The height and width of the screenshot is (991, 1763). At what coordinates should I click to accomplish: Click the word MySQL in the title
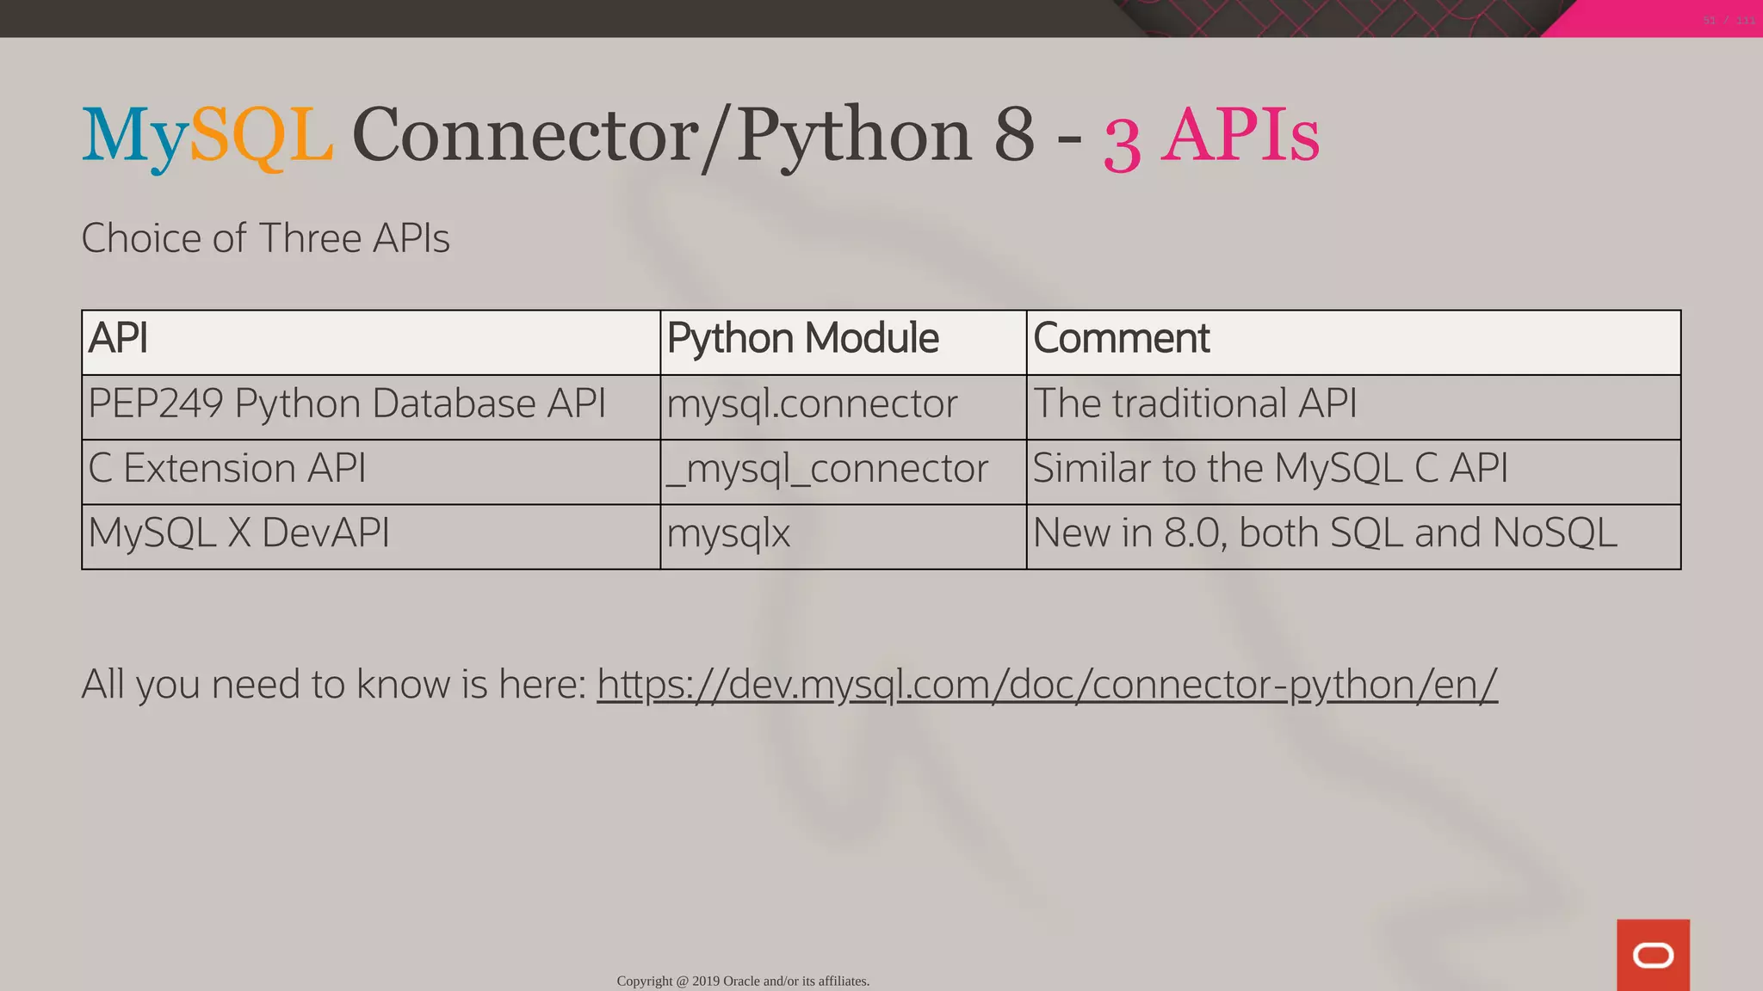pos(207,136)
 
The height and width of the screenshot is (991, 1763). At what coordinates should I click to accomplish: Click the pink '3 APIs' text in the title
pos(1211,138)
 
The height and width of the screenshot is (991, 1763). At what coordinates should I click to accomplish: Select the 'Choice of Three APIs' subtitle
pos(265,238)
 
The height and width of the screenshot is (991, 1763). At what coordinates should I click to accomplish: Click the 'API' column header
pos(118,338)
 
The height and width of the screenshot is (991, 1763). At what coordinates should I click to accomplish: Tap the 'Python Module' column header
pos(802,338)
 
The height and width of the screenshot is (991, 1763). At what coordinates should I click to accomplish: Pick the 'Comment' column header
pos(1121,338)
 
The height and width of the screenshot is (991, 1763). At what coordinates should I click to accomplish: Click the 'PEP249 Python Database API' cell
pos(347,403)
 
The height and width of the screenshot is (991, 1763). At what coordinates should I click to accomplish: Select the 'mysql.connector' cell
pos(812,403)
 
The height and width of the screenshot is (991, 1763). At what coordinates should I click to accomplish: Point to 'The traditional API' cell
pos(1195,403)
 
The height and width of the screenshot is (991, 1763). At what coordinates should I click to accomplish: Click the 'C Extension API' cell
pos(227,469)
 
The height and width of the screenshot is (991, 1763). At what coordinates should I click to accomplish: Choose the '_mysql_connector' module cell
pos(827,469)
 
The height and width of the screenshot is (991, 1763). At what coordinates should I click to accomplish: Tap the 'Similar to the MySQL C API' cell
pos(1270,469)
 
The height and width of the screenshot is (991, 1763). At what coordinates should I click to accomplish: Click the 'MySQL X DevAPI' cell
pos(238,533)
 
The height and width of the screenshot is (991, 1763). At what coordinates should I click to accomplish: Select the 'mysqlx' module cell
pos(728,533)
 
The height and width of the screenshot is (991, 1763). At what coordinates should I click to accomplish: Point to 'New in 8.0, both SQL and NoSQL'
pos(1324,533)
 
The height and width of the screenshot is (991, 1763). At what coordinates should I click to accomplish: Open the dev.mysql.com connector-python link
pos(1047,685)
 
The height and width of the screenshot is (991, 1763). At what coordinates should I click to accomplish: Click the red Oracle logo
pos(1653,955)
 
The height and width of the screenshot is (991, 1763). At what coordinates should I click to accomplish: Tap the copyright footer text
pos(743,981)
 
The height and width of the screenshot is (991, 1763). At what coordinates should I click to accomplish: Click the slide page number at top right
pos(1729,20)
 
